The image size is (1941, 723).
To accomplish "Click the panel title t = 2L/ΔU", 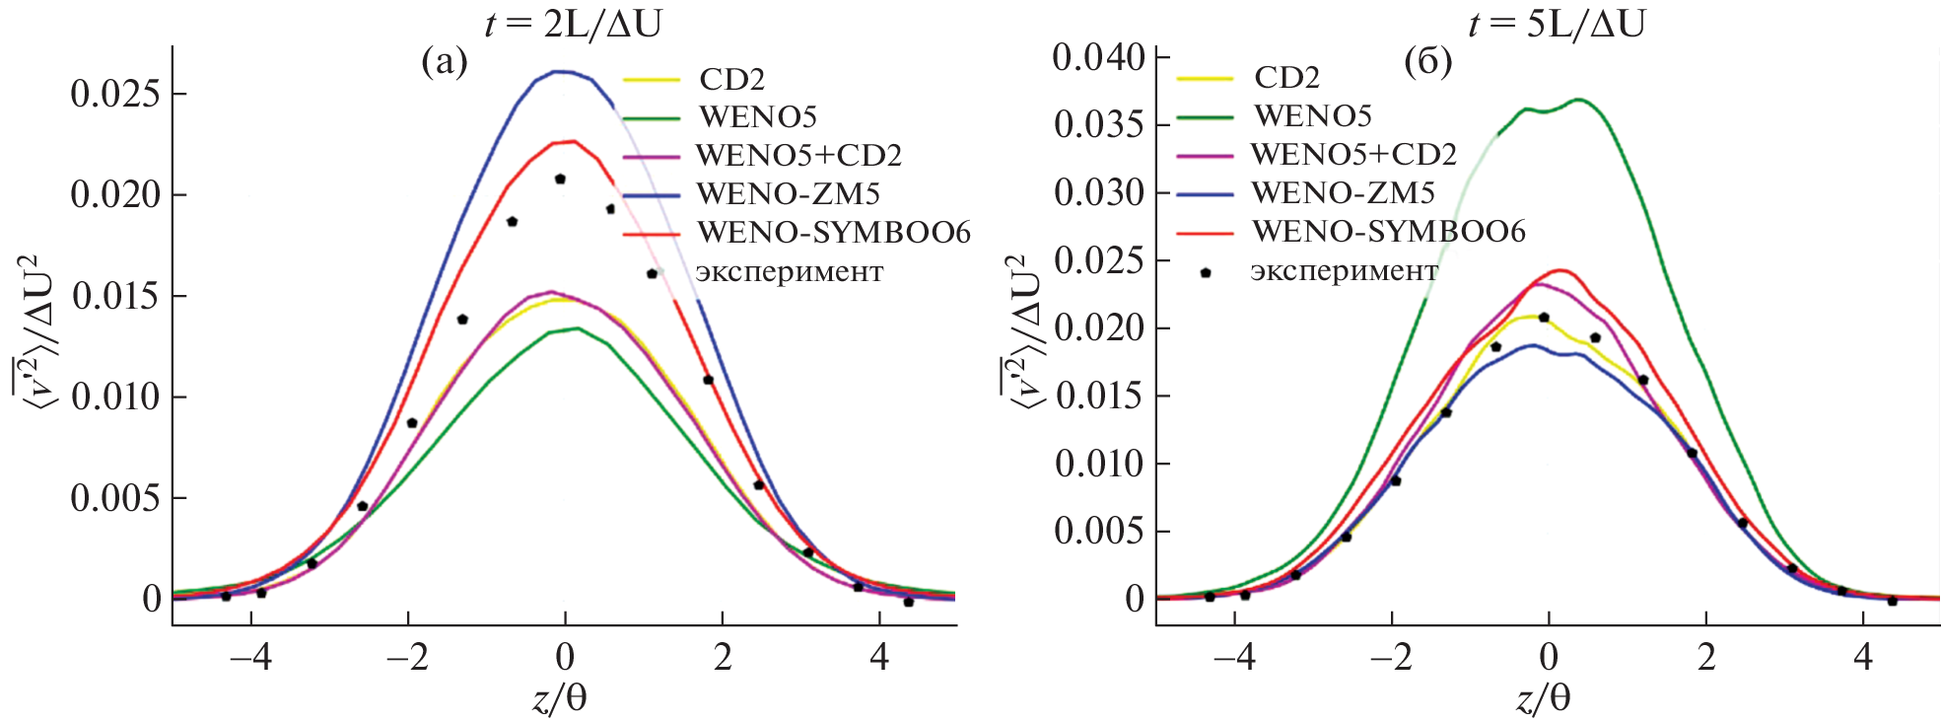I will [574, 23].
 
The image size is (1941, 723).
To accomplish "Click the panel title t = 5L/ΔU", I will [1557, 23].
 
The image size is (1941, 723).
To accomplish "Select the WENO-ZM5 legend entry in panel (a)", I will [788, 193].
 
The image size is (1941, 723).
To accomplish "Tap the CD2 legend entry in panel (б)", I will [1286, 77].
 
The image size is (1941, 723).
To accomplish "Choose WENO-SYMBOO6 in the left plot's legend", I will [833, 233].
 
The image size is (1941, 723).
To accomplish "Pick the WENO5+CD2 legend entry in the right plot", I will [1353, 154].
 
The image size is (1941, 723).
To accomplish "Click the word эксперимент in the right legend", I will [1345, 270].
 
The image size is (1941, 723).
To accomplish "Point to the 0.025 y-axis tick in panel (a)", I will [114, 94].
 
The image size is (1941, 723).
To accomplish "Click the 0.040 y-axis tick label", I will [1098, 57].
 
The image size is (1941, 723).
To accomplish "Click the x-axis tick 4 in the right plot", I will [1863, 657].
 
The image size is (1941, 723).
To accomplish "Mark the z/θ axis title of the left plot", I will [560, 698].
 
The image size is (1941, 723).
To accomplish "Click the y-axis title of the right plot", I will [1022, 330].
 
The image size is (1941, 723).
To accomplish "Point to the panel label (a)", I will [445, 61].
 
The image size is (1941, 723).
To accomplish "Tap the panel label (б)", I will [1427, 61].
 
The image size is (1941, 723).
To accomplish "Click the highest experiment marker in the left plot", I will [560, 180].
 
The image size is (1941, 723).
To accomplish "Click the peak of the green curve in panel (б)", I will [1579, 99].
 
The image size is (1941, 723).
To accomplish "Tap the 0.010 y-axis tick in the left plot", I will [114, 397].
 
